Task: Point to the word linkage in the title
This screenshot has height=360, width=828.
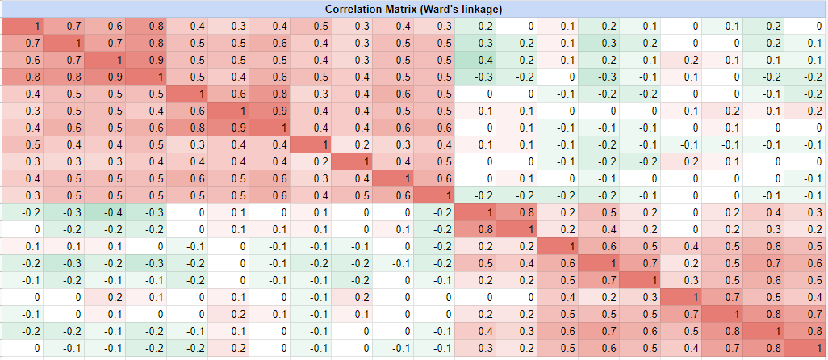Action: pyautogui.click(x=482, y=9)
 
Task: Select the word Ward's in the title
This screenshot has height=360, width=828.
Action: pyautogui.click(x=443, y=9)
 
